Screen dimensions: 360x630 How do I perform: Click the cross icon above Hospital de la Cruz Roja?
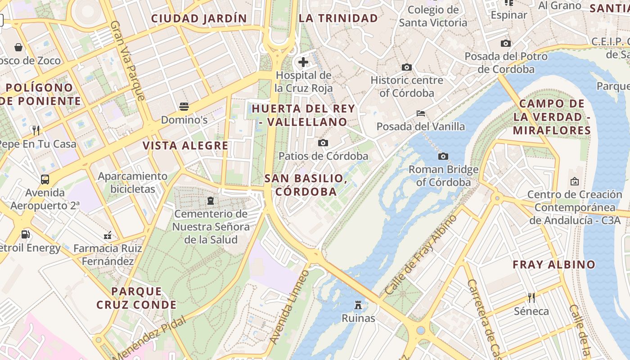pyautogui.click(x=304, y=62)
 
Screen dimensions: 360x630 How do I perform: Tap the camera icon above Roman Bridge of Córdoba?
pyautogui.click(x=443, y=156)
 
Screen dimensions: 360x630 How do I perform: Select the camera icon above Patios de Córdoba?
pyautogui.click(x=323, y=143)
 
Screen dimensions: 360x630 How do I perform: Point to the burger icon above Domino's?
pyautogui.click(x=184, y=107)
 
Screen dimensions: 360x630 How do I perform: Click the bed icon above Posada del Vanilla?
pyautogui.click(x=421, y=113)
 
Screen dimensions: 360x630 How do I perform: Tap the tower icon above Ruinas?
pyautogui.click(x=358, y=305)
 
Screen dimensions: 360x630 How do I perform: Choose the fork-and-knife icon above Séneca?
pyautogui.click(x=531, y=297)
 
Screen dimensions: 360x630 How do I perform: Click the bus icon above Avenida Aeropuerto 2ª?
pyautogui.click(x=45, y=179)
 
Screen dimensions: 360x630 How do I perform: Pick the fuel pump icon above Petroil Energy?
pyautogui.click(x=26, y=234)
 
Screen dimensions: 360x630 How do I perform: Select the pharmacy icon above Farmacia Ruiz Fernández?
pyautogui.click(x=108, y=235)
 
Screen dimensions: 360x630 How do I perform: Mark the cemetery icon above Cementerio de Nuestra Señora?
pyautogui.click(x=211, y=200)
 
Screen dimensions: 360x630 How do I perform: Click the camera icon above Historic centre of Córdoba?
pyautogui.click(x=407, y=67)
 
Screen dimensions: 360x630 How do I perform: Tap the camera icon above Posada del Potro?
pyautogui.click(x=506, y=43)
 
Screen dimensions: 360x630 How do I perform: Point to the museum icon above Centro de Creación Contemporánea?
pyautogui.click(x=575, y=181)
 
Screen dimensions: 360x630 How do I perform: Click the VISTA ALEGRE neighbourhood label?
pyautogui.click(x=185, y=146)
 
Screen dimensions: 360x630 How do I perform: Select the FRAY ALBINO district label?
pyautogui.click(x=554, y=265)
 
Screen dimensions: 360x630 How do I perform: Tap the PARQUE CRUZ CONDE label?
pyautogui.click(x=136, y=298)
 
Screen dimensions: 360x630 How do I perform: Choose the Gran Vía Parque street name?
pyautogui.click(x=128, y=61)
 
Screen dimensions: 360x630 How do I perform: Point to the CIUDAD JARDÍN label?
pyautogui.click(x=199, y=18)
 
